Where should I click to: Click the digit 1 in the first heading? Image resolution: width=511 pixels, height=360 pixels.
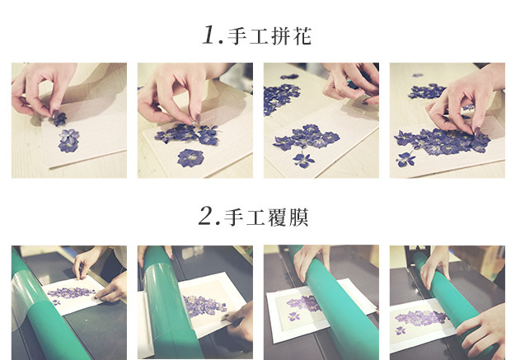(x=209, y=35)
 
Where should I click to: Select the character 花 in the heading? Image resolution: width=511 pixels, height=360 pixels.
(x=302, y=36)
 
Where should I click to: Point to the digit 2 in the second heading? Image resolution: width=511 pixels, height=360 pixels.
(x=207, y=216)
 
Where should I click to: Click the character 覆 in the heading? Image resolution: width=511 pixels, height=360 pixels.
(x=277, y=217)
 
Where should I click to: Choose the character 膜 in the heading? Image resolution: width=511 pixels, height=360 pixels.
(x=299, y=217)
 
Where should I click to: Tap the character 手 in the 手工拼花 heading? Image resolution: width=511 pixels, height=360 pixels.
(x=237, y=36)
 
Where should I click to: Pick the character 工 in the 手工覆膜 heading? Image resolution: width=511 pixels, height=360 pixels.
(x=255, y=217)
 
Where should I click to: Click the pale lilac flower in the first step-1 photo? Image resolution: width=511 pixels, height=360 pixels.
(x=69, y=136)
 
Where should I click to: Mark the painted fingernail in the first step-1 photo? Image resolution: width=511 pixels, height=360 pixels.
(x=55, y=114)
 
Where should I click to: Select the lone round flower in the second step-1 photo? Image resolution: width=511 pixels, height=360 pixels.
(x=190, y=158)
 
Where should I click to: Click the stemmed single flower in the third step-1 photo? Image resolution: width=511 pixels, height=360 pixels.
(x=303, y=160)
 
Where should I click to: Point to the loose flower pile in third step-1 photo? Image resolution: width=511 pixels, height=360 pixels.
(x=279, y=98)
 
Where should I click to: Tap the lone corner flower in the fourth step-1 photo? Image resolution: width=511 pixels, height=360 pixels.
(x=406, y=160)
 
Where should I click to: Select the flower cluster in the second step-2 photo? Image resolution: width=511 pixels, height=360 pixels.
(x=204, y=306)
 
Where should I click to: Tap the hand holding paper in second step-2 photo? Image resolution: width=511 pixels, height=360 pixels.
(x=240, y=321)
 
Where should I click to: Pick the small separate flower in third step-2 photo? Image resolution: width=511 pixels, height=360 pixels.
(x=294, y=316)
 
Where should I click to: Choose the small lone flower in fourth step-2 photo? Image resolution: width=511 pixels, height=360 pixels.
(x=401, y=330)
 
